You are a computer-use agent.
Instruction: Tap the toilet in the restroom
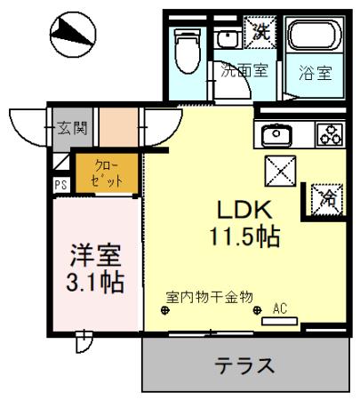(188, 53)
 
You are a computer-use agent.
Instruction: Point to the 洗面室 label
(244, 72)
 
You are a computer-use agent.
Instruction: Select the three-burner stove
(329, 135)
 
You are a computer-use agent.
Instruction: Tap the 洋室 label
(95, 254)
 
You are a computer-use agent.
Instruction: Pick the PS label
(60, 186)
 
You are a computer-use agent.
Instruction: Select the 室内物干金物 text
(210, 297)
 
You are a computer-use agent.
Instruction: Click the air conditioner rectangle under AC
(279, 319)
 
